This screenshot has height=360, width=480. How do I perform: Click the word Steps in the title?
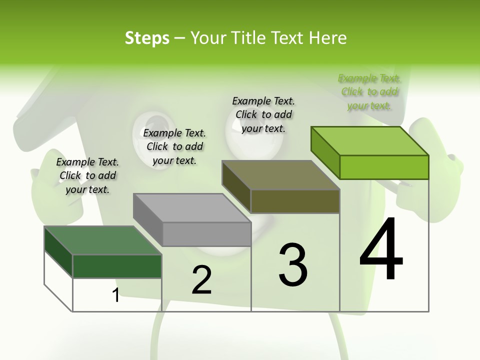point(147,38)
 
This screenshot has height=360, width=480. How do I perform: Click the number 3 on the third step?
point(293,265)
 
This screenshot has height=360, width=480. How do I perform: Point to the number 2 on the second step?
point(202,280)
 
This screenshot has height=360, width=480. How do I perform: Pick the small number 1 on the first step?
point(116,295)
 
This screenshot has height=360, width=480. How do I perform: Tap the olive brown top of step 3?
point(280,175)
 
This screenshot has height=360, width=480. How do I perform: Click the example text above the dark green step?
point(87,175)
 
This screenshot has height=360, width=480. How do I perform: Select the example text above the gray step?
point(174,146)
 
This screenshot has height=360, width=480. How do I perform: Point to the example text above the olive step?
point(263,114)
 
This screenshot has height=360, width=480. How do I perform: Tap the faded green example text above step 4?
point(369,91)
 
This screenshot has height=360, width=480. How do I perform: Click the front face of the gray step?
point(207,234)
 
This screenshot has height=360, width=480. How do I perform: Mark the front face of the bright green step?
point(384,167)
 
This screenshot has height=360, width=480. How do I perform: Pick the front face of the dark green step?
point(117,266)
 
